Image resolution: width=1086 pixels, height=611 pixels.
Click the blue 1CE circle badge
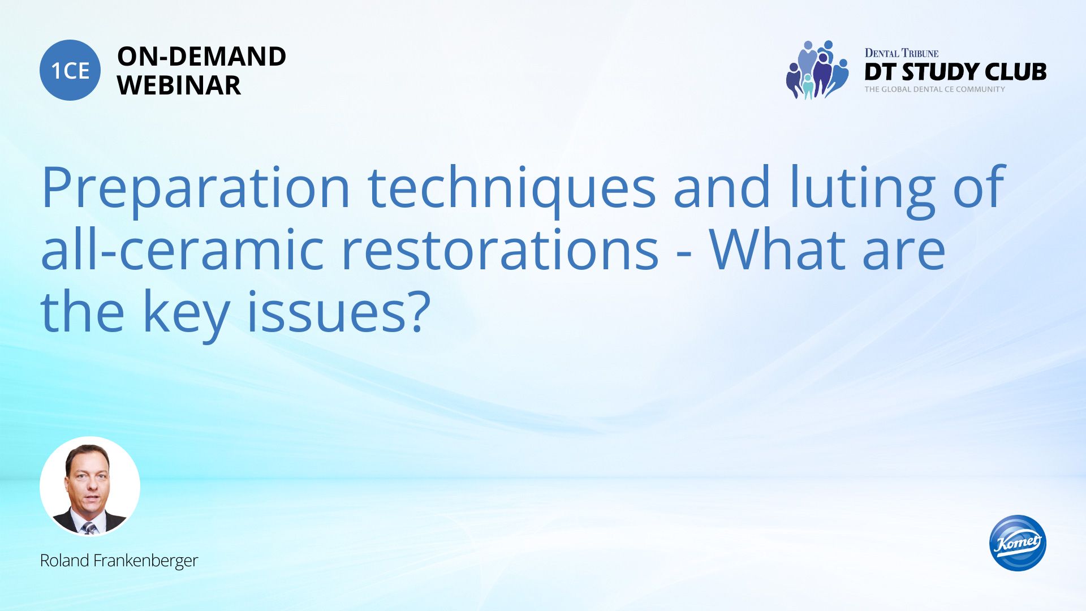point(70,70)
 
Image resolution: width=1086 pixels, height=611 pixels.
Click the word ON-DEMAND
point(201,57)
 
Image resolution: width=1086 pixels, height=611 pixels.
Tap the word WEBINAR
point(179,85)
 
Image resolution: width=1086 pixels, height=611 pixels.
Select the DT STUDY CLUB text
point(955,72)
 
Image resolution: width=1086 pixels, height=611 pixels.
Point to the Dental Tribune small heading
point(901,53)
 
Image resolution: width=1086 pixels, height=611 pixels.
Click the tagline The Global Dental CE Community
point(934,89)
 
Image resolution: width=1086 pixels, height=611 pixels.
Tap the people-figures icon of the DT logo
point(817,70)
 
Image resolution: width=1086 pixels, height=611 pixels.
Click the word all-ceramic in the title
point(182,249)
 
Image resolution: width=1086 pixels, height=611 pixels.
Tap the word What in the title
point(777,249)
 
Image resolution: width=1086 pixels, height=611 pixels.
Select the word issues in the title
point(325,312)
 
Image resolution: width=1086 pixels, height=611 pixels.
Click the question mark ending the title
point(417,312)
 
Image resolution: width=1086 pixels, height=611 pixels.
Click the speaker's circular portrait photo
point(90,486)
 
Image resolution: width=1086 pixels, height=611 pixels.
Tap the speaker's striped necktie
point(89,528)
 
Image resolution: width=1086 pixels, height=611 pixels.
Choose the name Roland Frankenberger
point(119,561)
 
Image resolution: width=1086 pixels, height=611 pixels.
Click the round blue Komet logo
point(1018,543)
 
